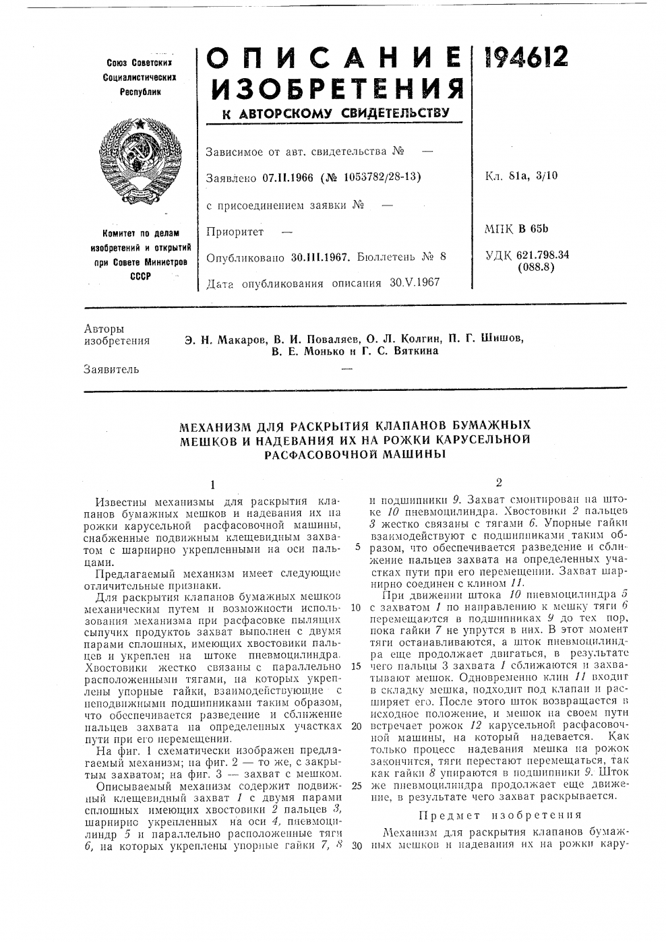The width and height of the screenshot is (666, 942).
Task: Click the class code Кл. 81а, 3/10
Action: pos(520,177)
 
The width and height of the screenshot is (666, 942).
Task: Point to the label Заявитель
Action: pos(111,369)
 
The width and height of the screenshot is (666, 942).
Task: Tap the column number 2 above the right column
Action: pos(499,482)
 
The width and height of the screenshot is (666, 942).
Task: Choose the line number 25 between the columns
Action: pos(357,786)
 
